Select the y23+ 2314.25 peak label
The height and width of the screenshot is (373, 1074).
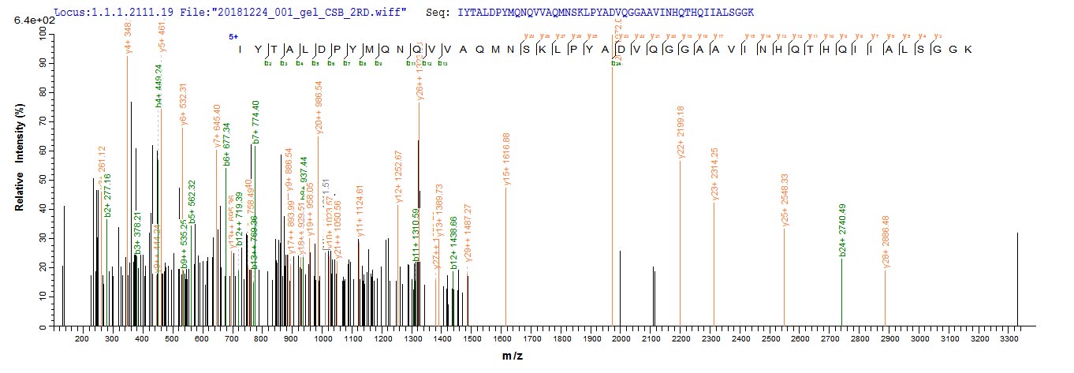coord(714,174)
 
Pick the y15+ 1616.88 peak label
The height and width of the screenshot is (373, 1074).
coord(506,159)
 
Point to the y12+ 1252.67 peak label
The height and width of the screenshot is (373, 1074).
coord(399,174)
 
